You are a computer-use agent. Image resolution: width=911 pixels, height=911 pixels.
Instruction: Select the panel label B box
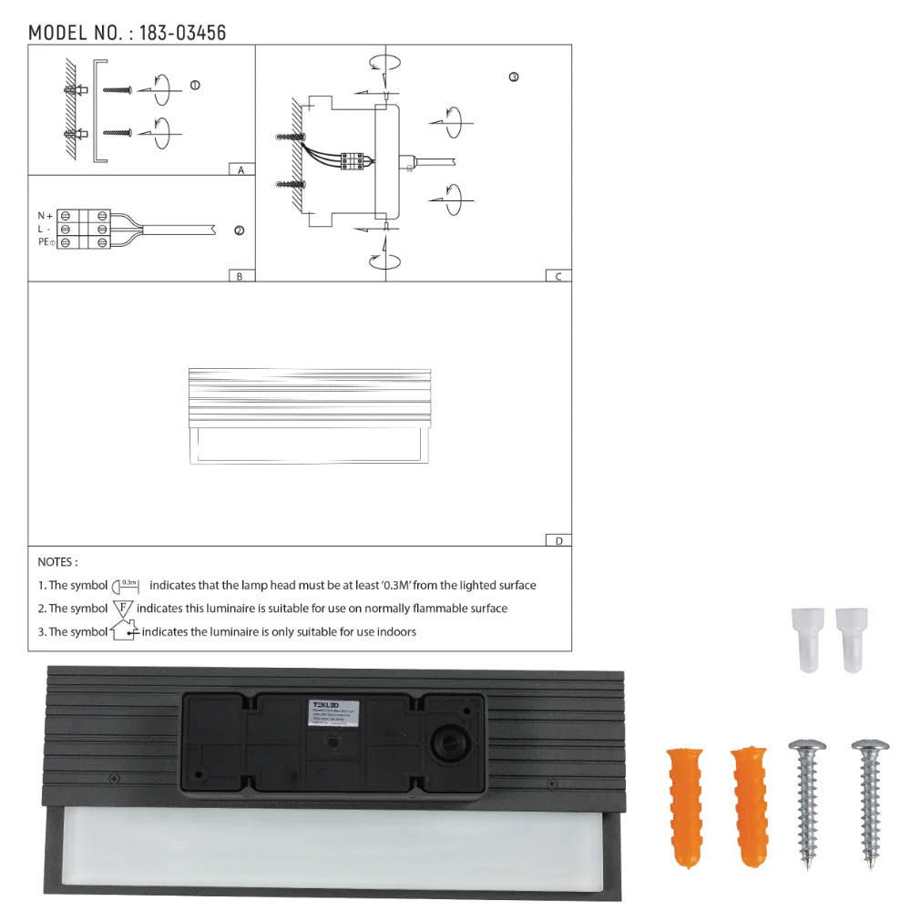click(x=240, y=276)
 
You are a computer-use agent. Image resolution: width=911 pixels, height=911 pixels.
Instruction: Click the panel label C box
click(x=558, y=276)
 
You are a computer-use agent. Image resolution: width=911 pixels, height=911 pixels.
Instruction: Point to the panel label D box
click(x=558, y=540)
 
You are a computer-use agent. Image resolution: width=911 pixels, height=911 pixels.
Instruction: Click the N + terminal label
click(x=45, y=216)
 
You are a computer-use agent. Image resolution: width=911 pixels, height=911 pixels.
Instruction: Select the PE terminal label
click(x=46, y=242)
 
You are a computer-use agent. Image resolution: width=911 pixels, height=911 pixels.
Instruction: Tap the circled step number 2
click(x=239, y=230)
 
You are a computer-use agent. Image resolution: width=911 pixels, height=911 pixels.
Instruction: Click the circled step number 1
click(x=194, y=85)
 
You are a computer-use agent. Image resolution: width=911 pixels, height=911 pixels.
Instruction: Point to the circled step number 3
click(x=513, y=77)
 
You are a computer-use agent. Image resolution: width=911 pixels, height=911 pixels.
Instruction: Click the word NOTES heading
click(x=57, y=563)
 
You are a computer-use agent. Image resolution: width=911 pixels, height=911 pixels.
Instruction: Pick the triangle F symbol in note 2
click(x=123, y=608)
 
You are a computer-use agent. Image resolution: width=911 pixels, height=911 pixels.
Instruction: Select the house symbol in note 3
click(x=123, y=630)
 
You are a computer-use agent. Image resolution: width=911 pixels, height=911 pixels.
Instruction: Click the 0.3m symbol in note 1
click(x=128, y=585)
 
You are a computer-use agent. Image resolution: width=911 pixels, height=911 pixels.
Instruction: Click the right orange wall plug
click(x=750, y=807)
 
